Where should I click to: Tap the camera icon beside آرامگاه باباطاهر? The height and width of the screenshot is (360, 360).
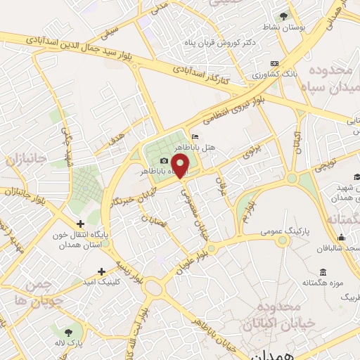coord(164,161)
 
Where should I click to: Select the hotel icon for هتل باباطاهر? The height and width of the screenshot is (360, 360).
coord(195,137)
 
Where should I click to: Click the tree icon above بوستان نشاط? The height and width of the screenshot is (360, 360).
coord(283,15)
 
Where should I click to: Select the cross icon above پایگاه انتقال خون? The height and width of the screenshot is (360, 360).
coord(80,224)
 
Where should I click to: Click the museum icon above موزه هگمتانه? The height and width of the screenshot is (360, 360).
coord(322,272)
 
